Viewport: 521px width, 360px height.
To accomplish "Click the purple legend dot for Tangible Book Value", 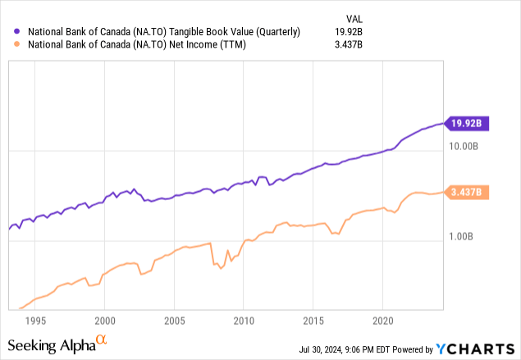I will point(18,32).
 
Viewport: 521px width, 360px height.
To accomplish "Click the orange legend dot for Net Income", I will point(18,47).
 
